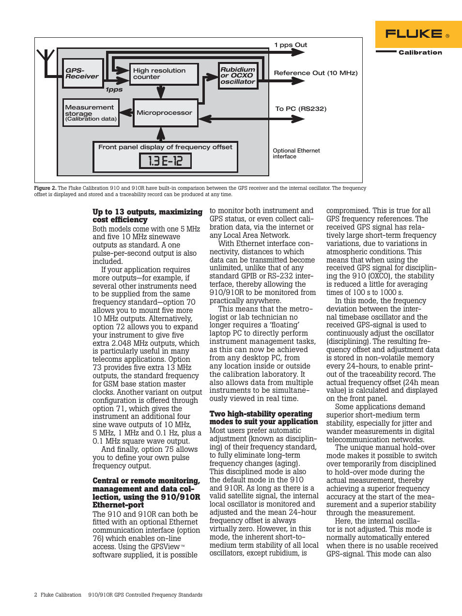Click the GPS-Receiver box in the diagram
tap(83, 73)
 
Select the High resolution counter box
tap(164, 74)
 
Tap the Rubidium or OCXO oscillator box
tap(238, 76)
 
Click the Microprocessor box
tap(165, 112)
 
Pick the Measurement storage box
tap(91, 113)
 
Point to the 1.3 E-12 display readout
tap(165, 161)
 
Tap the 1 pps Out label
tap(291, 45)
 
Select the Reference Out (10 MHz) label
tap(316, 73)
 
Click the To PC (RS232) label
tap(301, 109)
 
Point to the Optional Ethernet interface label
tap(296, 154)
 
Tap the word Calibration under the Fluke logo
tap(420, 52)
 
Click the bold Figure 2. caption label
tap(45, 188)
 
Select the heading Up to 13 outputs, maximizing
tap(147, 212)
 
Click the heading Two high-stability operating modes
tap(261, 414)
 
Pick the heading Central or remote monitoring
tap(146, 481)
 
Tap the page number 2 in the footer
tap(35, 595)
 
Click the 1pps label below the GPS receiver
tap(114, 90)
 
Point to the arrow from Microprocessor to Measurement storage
tap(126, 113)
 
